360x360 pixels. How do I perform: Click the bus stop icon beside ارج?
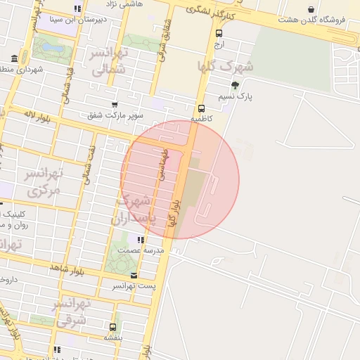[x=219, y=33]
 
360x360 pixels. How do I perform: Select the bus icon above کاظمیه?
[x=202, y=108]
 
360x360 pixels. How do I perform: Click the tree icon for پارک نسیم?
[x=245, y=84]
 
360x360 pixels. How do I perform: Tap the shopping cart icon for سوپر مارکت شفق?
[x=115, y=105]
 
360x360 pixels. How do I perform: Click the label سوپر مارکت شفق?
[x=115, y=115]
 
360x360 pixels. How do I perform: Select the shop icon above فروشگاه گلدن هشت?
[x=311, y=9]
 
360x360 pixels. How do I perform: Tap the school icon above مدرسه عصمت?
[x=141, y=240]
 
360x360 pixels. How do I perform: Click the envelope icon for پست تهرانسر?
[x=134, y=275]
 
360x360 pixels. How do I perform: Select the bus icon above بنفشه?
[x=112, y=327]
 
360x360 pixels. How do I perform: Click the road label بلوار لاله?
[x=34, y=113]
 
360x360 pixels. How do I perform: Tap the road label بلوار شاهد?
[x=67, y=269]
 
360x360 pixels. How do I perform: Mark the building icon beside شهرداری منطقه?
[x=15, y=58]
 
